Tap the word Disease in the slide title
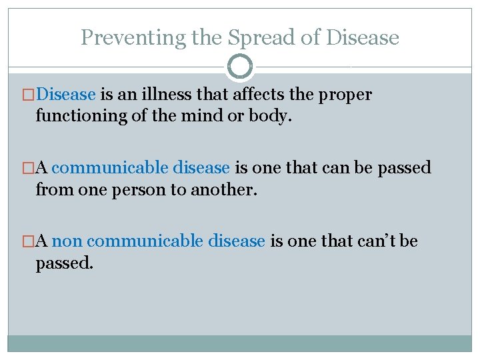(x=362, y=38)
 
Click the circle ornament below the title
(x=240, y=67)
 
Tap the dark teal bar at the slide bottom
(x=240, y=343)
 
